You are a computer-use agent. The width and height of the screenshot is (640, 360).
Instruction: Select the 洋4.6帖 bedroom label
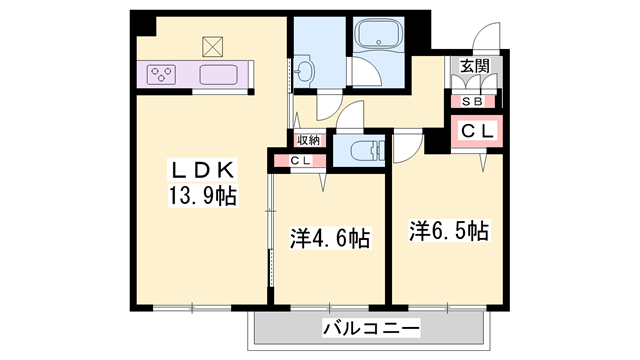tap(330, 239)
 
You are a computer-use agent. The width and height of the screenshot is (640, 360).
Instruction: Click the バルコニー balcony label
tap(371, 328)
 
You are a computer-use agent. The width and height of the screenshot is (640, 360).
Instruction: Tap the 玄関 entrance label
tap(474, 67)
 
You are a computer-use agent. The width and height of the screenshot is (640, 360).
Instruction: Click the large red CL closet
tap(476, 131)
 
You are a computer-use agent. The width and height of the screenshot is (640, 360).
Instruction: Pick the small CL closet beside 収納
tap(299, 160)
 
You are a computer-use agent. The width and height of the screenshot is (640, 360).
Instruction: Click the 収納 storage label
tap(308, 140)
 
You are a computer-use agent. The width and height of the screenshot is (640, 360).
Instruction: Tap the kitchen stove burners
tap(161, 73)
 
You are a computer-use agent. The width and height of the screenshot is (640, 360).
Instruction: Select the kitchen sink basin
tap(217, 74)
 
